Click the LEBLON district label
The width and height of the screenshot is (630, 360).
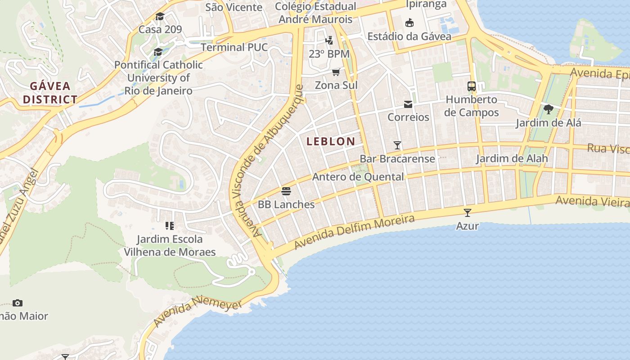point(331,141)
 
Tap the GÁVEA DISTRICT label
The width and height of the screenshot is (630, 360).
point(50,93)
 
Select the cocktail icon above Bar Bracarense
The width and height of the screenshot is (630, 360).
point(397,145)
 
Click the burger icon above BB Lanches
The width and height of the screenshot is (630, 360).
point(286,191)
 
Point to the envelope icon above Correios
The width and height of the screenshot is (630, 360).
point(408,104)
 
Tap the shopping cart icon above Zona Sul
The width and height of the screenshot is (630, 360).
point(336,72)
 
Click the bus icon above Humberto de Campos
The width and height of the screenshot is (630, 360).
point(472,86)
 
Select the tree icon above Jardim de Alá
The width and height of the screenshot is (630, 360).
point(548,109)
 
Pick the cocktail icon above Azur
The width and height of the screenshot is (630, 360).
point(468,212)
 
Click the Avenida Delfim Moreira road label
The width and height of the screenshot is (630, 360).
point(354,232)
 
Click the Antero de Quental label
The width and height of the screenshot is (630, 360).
point(358,177)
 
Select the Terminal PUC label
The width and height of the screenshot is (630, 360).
point(234,47)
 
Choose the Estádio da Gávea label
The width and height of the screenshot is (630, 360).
point(409,36)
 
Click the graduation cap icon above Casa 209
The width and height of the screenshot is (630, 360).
point(160,17)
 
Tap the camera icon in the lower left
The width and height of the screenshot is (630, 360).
point(18,303)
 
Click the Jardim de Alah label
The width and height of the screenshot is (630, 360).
point(512,158)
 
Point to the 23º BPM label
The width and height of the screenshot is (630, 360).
point(329,54)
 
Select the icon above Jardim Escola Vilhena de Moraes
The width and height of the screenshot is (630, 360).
point(170,225)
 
